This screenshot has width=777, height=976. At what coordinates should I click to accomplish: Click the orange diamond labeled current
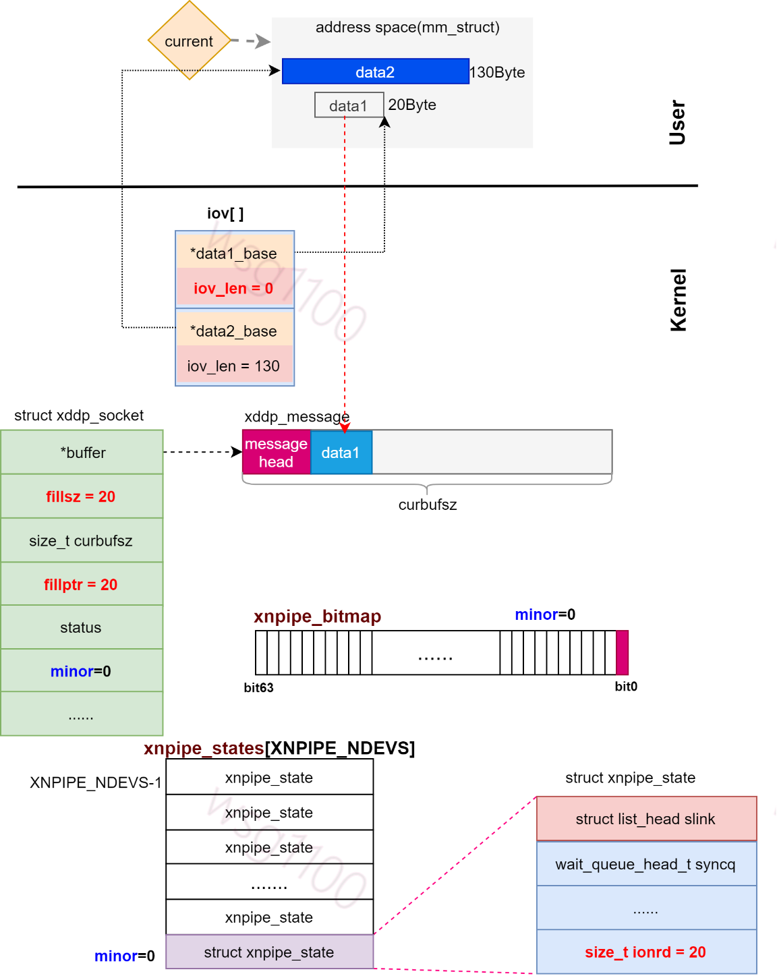(x=190, y=40)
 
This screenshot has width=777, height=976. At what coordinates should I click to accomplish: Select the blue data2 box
(x=375, y=71)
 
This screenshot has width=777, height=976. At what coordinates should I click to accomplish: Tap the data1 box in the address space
(x=349, y=105)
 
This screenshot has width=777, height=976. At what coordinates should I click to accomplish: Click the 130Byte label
(x=497, y=72)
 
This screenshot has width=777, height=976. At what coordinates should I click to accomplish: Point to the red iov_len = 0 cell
(x=234, y=288)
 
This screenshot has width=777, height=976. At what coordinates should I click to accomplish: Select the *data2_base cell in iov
(x=234, y=331)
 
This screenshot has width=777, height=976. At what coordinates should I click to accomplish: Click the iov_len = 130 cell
(x=234, y=366)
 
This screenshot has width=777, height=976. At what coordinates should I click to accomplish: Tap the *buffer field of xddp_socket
(x=82, y=452)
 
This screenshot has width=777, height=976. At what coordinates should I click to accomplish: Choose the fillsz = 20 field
(x=82, y=496)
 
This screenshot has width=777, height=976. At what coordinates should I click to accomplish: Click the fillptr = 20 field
(x=82, y=584)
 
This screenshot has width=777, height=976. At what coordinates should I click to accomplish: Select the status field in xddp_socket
(x=82, y=627)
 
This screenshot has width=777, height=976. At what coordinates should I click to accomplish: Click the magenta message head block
(x=276, y=453)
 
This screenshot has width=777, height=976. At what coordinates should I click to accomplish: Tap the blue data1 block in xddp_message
(x=341, y=453)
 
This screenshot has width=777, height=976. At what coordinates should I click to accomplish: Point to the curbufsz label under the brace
(x=428, y=505)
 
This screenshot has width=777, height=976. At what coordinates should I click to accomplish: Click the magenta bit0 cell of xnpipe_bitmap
(x=622, y=652)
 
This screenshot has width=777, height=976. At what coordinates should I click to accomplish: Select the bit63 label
(x=258, y=687)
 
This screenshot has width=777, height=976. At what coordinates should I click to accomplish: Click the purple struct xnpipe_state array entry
(x=269, y=952)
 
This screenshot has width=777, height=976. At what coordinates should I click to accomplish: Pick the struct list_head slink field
(x=645, y=819)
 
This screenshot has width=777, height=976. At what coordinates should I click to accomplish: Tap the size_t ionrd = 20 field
(x=645, y=952)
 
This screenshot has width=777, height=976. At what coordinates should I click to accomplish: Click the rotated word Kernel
(x=678, y=300)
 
